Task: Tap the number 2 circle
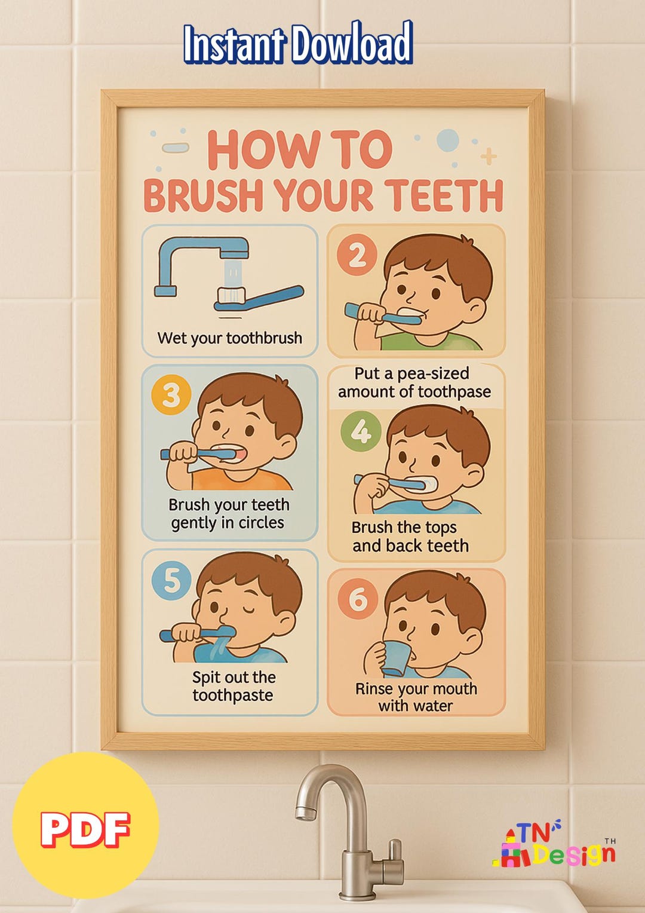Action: [x=357, y=255]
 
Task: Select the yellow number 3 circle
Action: [x=171, y=395]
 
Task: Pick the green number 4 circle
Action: [x=361, y=431]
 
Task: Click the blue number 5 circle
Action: [x=171, y=580]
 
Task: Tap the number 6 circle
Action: [x=357, y=598]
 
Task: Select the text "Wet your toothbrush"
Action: [x=230, y=338]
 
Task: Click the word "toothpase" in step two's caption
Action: [x=454, y=392]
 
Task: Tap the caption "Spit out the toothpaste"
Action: [x=234, y=686]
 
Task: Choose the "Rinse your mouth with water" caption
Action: [x=416, y=697]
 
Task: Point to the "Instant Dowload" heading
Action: [x=297, y=44]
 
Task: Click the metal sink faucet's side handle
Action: [x=394, y=852]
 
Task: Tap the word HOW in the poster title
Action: [x=254, y=151]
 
